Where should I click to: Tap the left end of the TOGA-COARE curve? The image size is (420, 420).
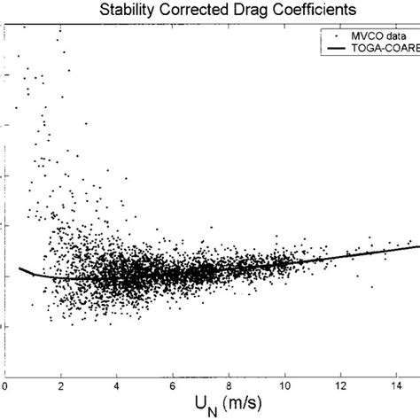19,268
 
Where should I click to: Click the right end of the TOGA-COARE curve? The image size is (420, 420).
418,245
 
